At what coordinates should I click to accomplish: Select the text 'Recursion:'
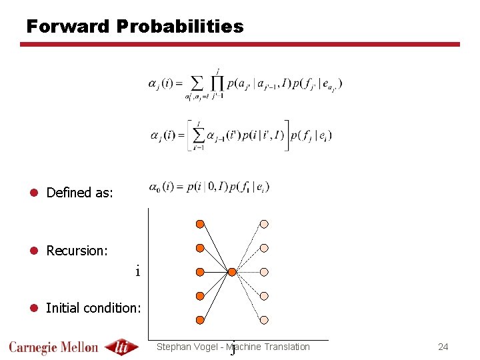[x=77, y=251]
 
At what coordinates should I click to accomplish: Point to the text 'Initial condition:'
[x=93, y=308]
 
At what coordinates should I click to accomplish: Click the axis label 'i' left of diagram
[x=137, y=272]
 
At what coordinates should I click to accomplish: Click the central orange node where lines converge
[x=232, y=272]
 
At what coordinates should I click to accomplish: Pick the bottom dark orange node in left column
[x=200, y=319]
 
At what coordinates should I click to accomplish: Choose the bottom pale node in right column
[x=264, y=319]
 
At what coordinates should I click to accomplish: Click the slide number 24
[x=443, y=347]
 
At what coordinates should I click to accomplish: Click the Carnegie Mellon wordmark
[x=53, y=347]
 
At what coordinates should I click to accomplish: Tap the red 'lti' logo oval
[x=122, y=347]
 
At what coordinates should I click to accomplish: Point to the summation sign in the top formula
[x=197, y=84]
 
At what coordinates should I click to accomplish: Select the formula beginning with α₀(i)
[x=209, y=187]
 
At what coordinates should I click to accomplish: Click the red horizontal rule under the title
[x=240, y=45]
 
